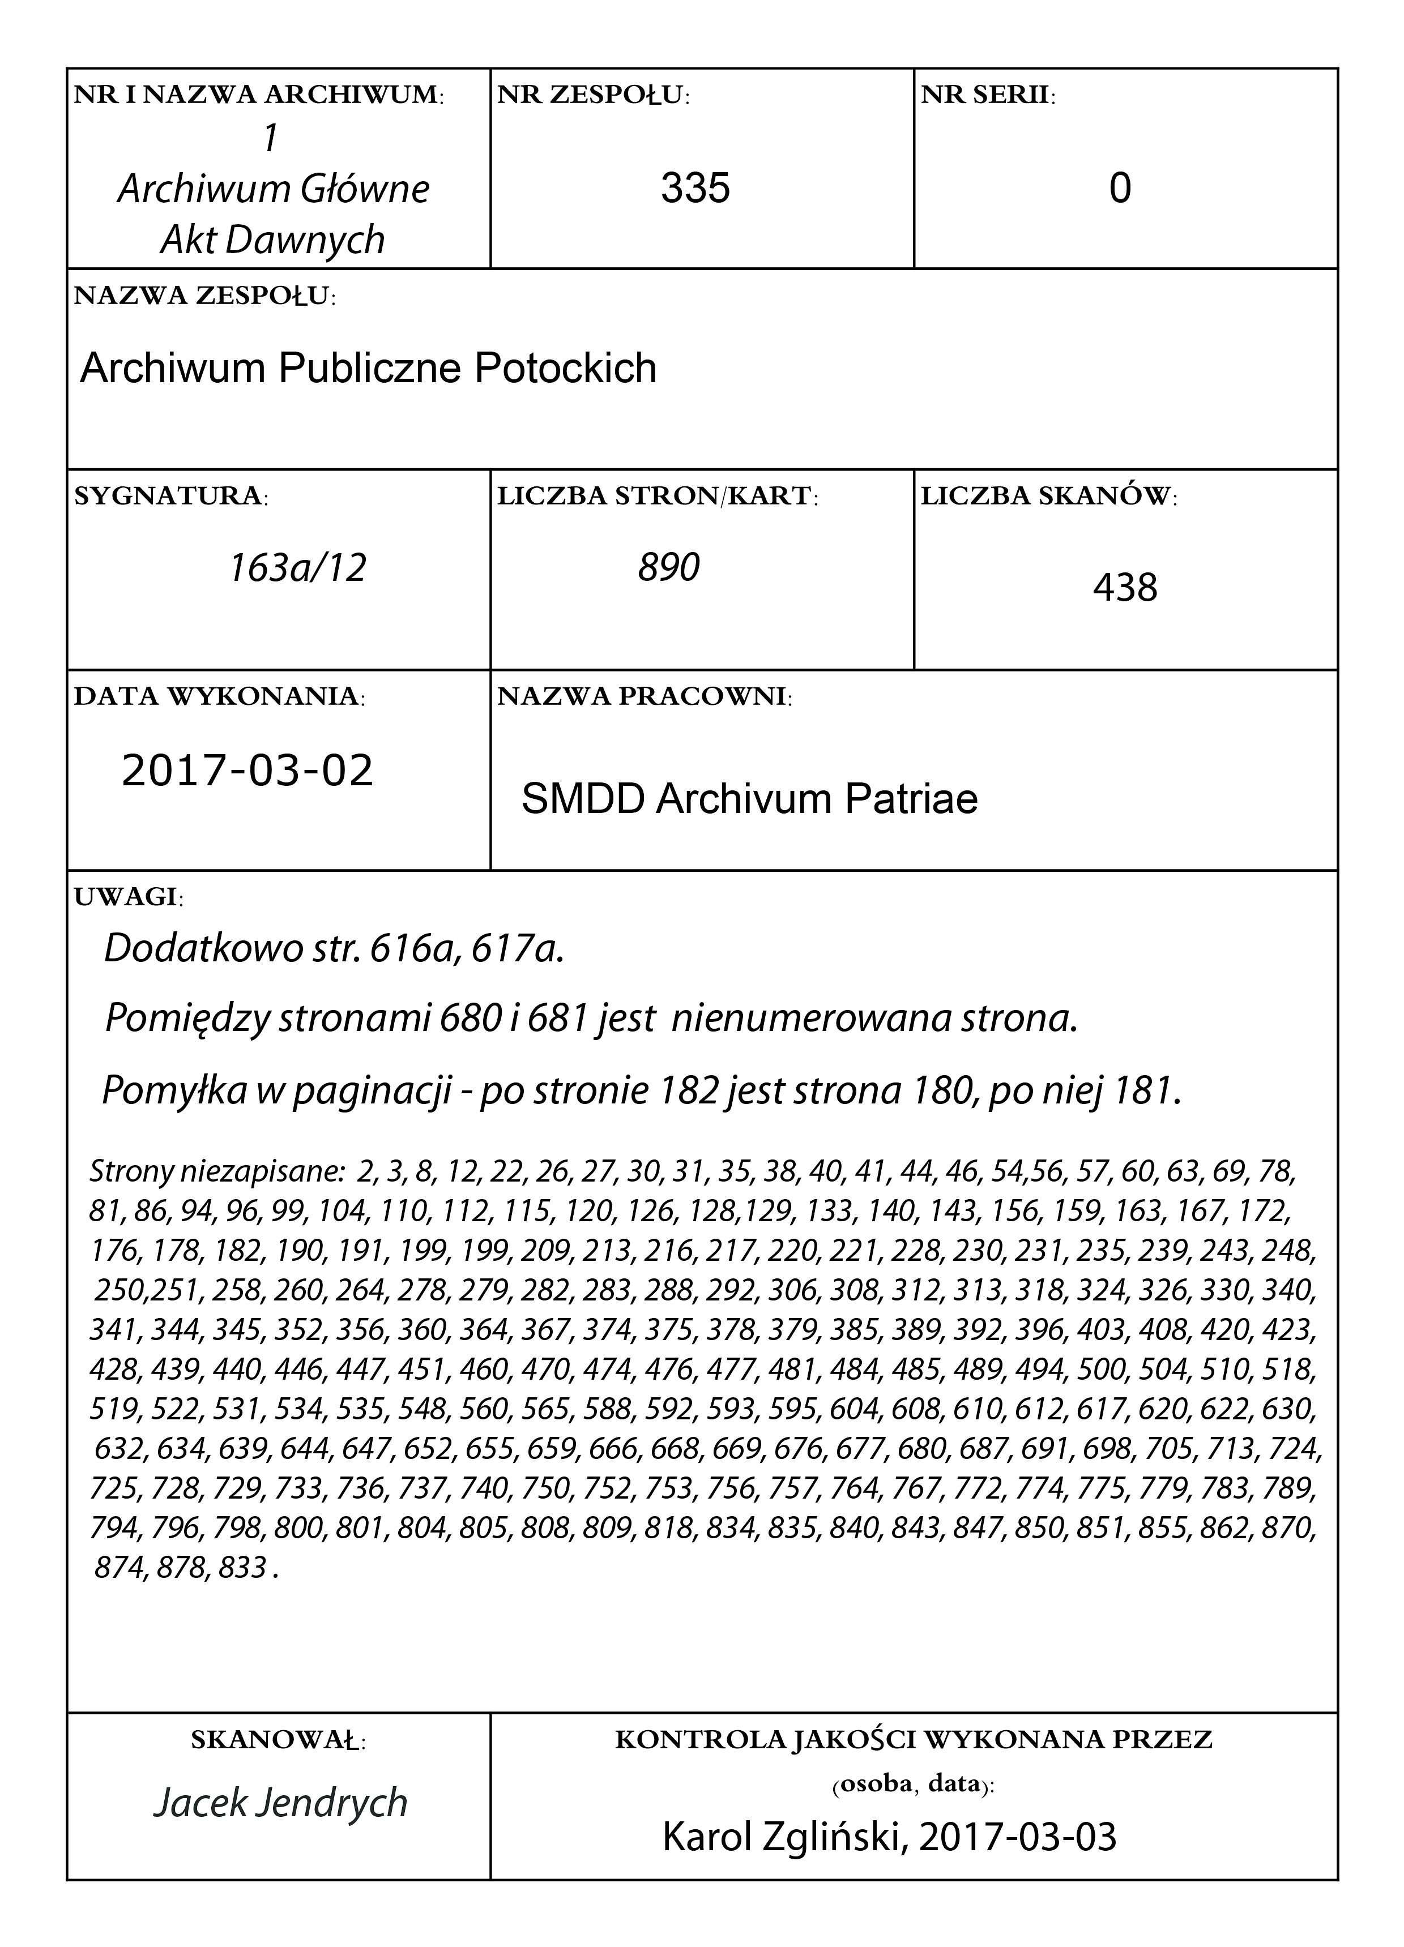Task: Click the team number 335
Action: [x=695, y=187]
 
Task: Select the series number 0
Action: [x=1120, y=187]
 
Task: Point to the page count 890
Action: [x=669, y=567]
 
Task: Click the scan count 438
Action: [x=1125, y=588]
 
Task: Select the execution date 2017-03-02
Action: [x=247, y=769]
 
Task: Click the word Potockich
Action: [x=565, y=368]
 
